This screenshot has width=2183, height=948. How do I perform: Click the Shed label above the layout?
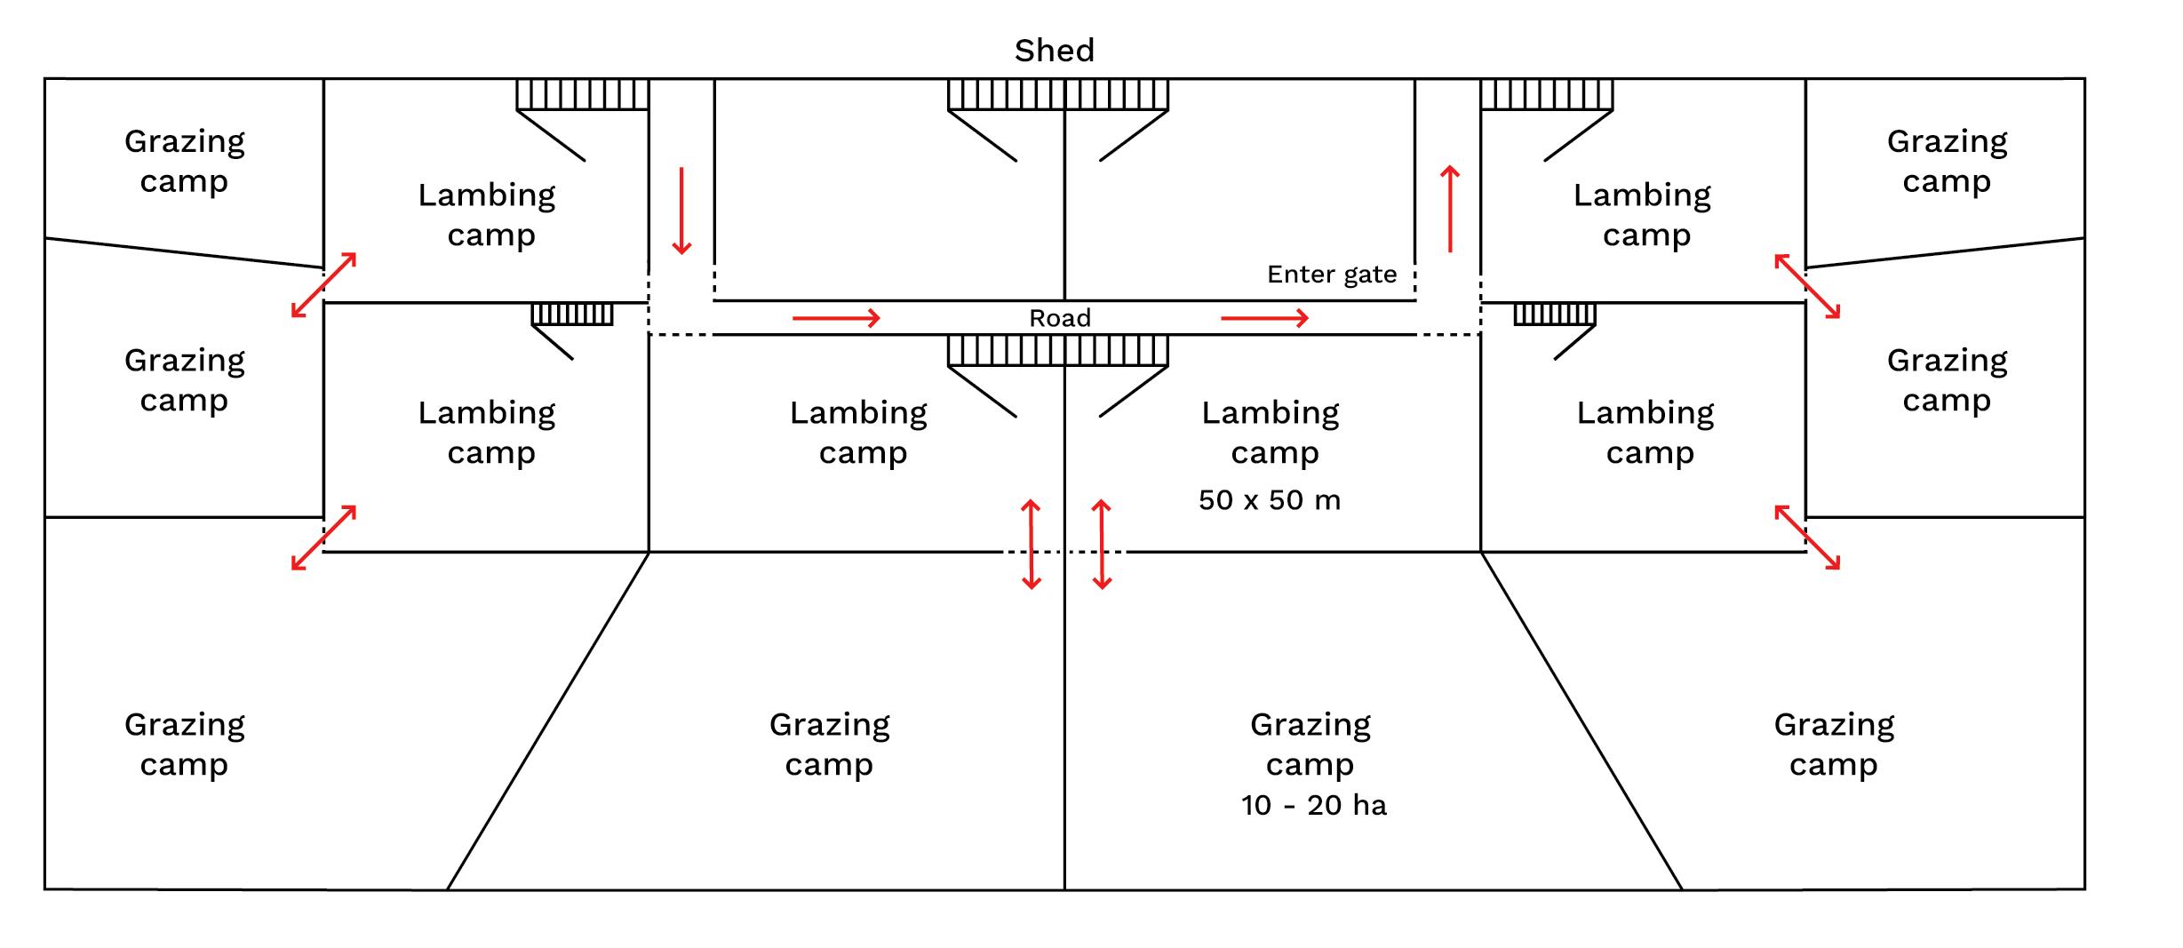(x=1054, y=51)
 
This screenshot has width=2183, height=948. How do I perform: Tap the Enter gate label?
(x=1331, y=275)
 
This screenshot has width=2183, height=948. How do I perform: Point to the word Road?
(x=1059, y=318)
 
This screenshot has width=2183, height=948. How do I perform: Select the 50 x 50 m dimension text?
(x=1269, y=500)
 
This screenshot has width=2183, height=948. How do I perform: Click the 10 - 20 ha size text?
(x=1313, y=805)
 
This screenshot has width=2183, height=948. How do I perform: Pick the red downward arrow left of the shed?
(x=681, y=211)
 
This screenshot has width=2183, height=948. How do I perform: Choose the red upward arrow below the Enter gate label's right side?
(x=1450, y=209)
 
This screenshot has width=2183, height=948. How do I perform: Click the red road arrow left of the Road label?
(x=835, y=318)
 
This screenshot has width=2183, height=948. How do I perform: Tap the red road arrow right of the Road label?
(x=1264, y=318)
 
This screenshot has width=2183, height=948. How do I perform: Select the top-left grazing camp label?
(x=184, y=161)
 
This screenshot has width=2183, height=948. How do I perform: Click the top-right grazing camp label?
(x=1947, y=161)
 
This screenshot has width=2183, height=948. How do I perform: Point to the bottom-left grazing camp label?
(x=184, y=744)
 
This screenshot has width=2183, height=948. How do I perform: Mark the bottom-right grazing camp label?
(x=1834, y=744)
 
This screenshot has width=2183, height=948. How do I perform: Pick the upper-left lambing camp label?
(x=488, y=214)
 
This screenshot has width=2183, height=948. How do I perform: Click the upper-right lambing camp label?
(x=1643, y=214)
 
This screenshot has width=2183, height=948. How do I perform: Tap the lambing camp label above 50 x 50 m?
(x=1271, y=432)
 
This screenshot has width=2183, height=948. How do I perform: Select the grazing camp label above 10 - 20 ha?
(x=1311, y=744)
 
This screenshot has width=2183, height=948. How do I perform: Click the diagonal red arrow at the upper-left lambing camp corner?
(x=324, y=285)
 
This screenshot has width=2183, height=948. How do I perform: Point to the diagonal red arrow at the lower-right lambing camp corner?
(x=1807, y=537)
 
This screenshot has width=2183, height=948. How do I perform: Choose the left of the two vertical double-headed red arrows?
(x=1031, y=545)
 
